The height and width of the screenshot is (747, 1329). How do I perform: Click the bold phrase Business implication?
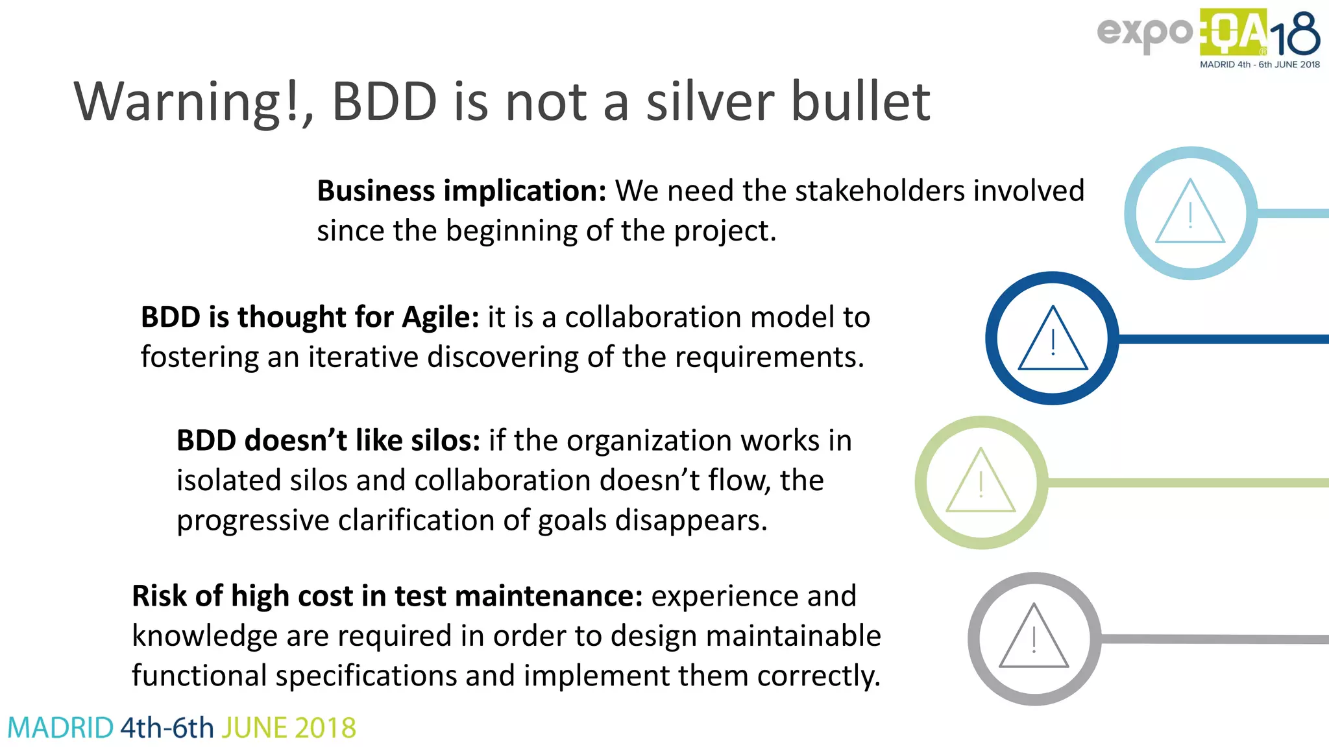pyautogui.click(x=461, y=191)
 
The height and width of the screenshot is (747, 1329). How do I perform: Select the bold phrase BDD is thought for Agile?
pyautogui.click(x=310, y=318)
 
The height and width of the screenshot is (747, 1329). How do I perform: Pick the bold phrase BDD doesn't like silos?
pyautogui.click(x=328, y=441)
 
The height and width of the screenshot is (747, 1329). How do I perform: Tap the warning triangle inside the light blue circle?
pyautogui.click(x=1190, y=214)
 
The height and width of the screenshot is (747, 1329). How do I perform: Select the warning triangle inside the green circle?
pyautogui.click(x=981, y=483)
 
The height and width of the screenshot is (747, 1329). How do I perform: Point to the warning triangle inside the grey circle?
pyautogui.click(x=1034, y=639)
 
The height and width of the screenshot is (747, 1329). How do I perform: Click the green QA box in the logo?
pyautogui.click(x=1233, y=32)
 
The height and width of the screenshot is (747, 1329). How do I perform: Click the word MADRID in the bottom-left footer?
pyautogui.click(x=60, y=728)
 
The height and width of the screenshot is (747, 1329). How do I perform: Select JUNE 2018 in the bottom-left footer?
pyautogui.click(x=289, y=728)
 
